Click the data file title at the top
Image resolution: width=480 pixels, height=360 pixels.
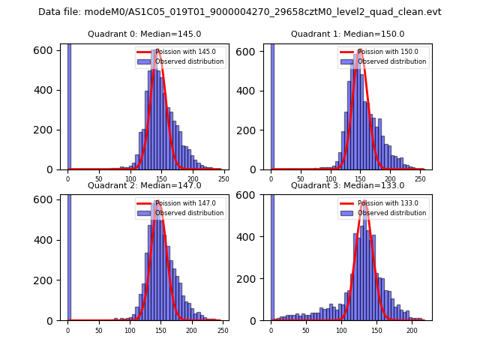tap(240, 12)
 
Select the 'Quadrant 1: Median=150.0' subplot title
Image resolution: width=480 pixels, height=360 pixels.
tap(347, 34)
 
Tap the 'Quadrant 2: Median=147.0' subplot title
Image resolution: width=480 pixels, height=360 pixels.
tap(144, 185)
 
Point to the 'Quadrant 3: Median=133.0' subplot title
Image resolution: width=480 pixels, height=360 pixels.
tap(347, 185)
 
